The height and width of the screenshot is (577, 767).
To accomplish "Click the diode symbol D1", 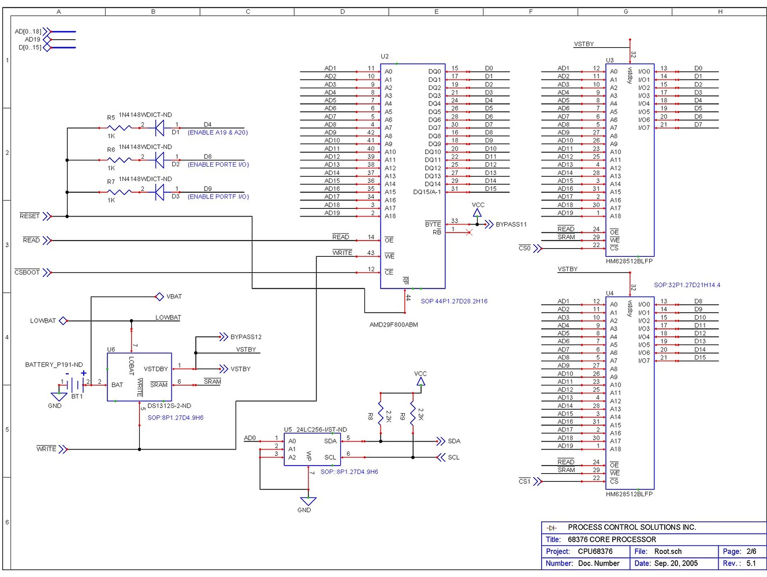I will (160, 128).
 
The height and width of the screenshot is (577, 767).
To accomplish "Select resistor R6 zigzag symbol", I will (120, 160).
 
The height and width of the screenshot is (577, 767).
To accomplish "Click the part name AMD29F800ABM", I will (393, 325).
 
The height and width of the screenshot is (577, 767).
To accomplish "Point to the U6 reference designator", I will (111, 350).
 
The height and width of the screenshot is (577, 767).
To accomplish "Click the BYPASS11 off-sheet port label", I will (511, 224).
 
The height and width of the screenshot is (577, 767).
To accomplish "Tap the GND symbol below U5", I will (308, 501).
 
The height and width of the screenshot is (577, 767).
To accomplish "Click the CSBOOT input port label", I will (27, 272).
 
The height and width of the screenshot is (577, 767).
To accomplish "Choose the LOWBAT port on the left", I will (43, 321).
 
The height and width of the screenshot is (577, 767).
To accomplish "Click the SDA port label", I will (454, 441).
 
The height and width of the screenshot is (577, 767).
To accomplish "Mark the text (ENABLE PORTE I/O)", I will (218, 164).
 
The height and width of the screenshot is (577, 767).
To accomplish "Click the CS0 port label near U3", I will (524, 249).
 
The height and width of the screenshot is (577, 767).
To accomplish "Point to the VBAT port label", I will (174, 297).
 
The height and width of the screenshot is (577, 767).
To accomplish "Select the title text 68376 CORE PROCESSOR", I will (612, 539).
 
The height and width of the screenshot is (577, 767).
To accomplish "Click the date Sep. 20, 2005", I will (676, 563).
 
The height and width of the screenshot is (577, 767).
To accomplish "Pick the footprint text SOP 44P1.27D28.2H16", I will (454, 301).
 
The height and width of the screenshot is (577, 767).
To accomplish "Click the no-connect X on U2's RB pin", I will (469, 233).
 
